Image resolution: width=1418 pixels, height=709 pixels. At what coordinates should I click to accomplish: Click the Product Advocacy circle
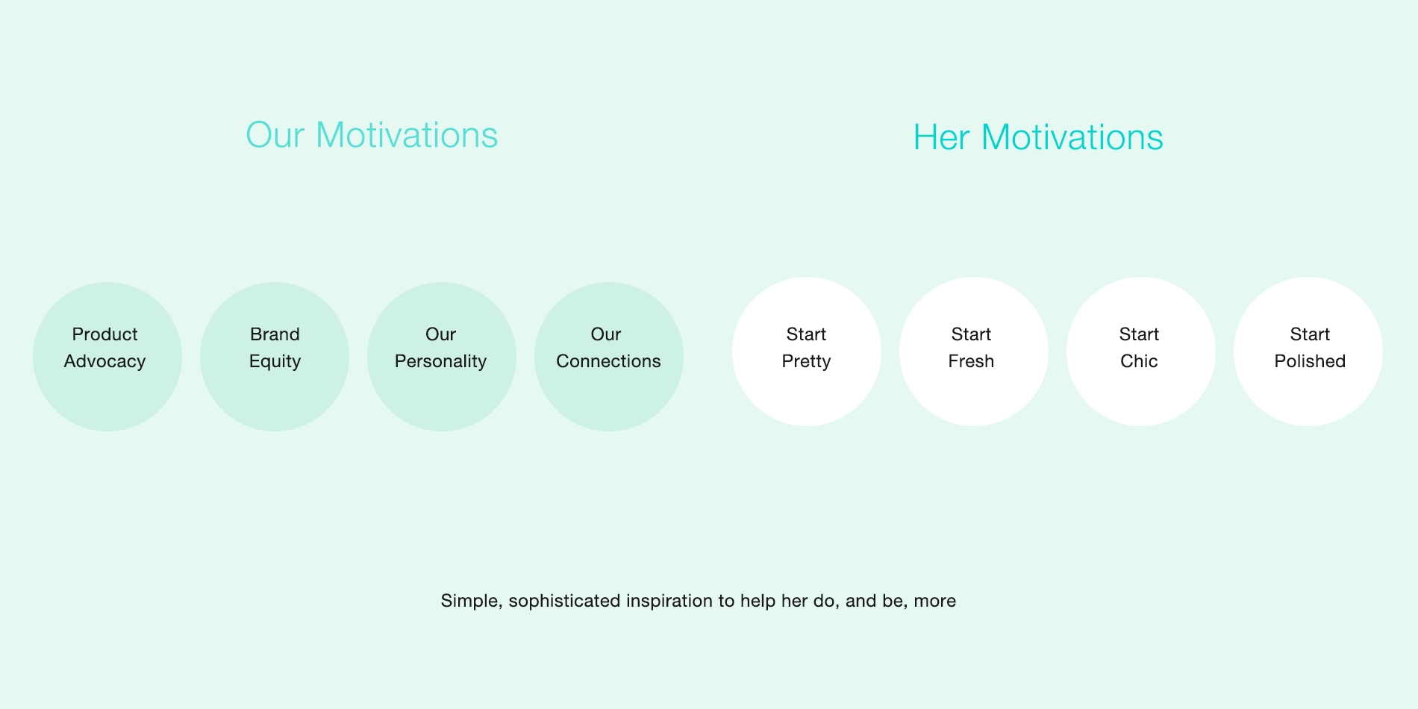[107, 357]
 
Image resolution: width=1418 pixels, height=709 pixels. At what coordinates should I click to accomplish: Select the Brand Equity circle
[275, 357]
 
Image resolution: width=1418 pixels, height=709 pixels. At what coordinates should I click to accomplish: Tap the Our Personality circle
[442, 357]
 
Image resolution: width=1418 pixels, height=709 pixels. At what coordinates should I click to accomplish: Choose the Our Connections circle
[609, 357]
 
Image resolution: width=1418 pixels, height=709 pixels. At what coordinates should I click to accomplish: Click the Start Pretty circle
[807, 352]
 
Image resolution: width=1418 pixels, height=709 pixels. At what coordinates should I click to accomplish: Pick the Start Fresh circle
[974, 352]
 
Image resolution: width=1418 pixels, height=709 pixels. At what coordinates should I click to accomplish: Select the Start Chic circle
[1141, 352]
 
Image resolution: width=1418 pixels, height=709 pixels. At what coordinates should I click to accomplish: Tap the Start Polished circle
[1308, 352]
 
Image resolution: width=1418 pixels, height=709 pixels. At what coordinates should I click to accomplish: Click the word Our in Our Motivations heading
[275, 135]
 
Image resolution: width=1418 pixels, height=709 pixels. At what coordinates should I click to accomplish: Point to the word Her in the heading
[942, 137]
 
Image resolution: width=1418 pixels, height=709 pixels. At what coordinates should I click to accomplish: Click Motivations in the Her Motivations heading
[1072, 137]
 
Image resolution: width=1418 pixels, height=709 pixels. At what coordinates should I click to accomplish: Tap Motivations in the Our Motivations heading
[407, 135]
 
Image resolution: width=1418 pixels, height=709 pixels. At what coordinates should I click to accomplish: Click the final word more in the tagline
[935, 601]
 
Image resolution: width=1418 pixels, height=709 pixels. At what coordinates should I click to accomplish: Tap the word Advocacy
[104, 362]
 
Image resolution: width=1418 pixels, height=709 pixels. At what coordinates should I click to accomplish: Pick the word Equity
[275, 362]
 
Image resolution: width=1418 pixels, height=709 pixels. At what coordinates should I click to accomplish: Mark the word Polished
[1310, 361]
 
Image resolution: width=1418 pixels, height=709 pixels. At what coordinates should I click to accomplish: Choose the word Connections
[608, 361]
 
